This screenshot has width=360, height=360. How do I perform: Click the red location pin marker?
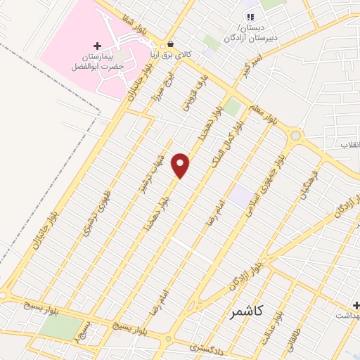click(181, 165)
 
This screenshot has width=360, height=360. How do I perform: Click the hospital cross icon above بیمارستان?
click(97, 45)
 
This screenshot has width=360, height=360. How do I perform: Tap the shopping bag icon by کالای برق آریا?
click(170, 42)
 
